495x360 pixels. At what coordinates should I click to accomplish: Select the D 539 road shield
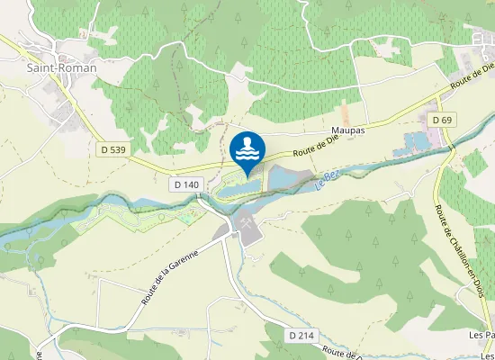(x=112, y=149)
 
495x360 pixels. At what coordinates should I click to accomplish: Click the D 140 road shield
(x=186, y=184)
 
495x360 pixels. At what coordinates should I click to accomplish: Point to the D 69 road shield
(x=441, y=120)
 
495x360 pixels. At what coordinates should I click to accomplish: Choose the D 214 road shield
(x=302, y=335)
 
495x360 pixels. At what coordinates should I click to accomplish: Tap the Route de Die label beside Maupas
(x=316, y=139)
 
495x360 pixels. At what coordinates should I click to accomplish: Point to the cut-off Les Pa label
(x=482, y=335)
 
